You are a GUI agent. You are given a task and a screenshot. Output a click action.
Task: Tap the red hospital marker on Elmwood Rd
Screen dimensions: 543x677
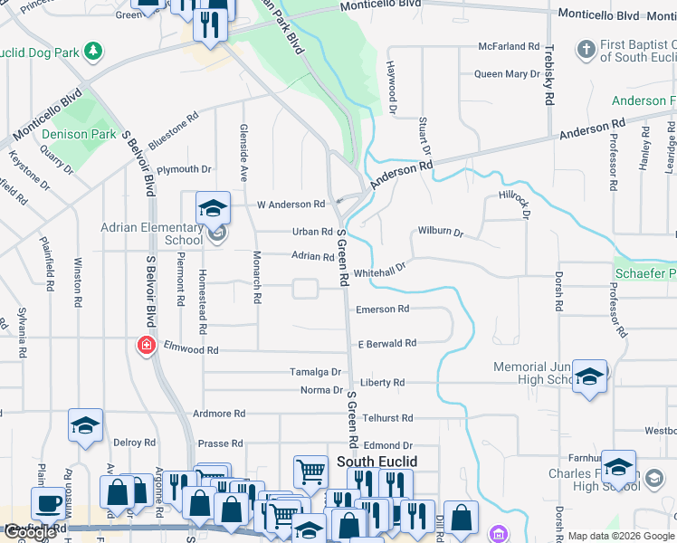pos(145,345)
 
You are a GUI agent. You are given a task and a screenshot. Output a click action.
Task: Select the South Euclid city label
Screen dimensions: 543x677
pos(377,462)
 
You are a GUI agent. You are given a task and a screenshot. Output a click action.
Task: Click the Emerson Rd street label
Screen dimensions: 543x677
pos(382,310)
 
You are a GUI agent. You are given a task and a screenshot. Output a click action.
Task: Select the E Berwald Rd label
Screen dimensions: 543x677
pos(386,344)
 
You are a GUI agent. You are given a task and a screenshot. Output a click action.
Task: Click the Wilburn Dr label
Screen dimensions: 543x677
pos(440,233)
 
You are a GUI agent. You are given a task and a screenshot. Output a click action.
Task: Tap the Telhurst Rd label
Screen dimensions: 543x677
pos(387,418)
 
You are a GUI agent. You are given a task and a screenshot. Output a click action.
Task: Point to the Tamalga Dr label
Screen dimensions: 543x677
pos(315,372)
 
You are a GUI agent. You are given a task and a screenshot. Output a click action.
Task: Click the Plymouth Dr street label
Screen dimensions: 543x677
pos(184,169)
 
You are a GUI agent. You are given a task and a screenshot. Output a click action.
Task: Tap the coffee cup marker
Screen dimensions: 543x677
pos(48,503)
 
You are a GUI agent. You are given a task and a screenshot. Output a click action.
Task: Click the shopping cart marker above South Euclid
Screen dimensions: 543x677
pos(310,472)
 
